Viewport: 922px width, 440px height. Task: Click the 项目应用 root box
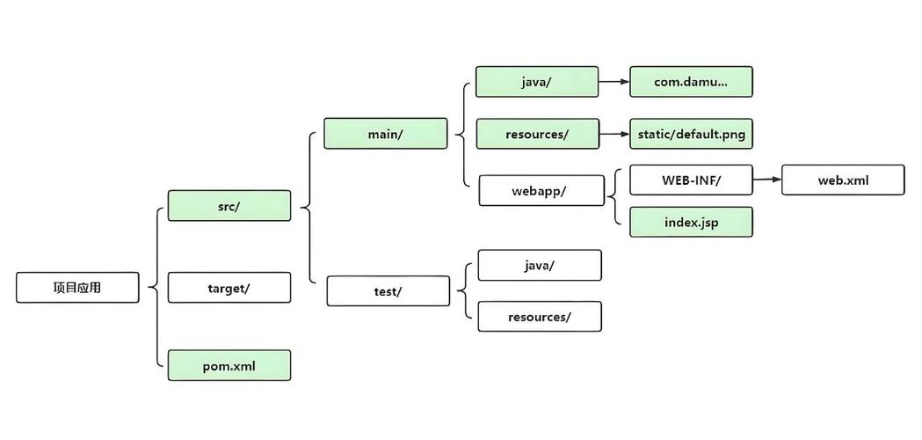77,287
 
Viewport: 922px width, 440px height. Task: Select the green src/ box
229,206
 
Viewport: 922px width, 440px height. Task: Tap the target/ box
229,288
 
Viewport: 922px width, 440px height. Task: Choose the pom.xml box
229,365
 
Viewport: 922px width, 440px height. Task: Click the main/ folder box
385,134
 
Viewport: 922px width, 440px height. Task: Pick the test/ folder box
388,291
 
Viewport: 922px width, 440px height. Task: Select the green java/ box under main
537,82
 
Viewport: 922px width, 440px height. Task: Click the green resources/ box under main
537,134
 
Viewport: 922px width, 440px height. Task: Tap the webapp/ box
541,190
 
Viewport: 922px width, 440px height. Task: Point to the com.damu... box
691,82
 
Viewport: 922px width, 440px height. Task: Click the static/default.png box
691,134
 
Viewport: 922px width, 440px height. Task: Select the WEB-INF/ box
691,180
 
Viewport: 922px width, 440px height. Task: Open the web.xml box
843,180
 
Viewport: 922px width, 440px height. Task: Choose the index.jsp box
691,222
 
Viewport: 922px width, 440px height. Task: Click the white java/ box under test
539,265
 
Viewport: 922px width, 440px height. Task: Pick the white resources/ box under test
539,317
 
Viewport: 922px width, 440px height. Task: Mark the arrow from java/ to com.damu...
614,82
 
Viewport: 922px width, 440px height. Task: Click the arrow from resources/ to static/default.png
614,134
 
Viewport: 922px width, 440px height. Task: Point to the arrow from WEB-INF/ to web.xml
767,180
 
